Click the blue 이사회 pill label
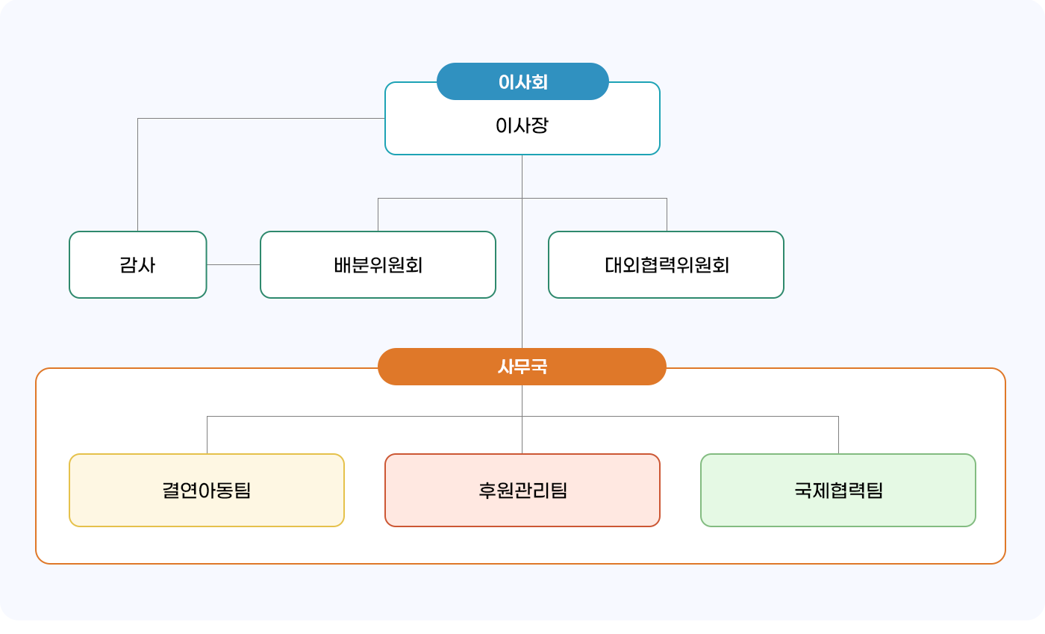point(522,81)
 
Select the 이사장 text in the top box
point(522,125)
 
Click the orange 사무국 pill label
point(522,367)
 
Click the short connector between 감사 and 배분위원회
point(233,264)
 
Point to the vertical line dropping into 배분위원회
point(378,215)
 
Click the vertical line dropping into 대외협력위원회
point(667,215)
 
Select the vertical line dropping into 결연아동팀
point(207,435)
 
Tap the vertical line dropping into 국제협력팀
point(838,435)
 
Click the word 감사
point(137,265)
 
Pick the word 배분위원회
point(378,265)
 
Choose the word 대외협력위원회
point(667,265)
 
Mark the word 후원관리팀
point(522,491)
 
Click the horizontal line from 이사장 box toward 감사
point(261,118)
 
